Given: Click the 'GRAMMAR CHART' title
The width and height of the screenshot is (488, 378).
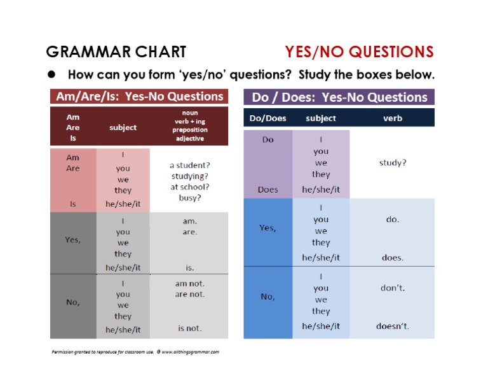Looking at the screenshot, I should point(116,52).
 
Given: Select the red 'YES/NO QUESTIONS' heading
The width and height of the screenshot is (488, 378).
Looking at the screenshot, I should point(359,52).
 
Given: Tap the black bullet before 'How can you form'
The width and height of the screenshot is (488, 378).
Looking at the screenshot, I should point(53,74).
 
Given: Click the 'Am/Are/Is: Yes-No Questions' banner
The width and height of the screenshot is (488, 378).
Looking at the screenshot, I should point(139,97).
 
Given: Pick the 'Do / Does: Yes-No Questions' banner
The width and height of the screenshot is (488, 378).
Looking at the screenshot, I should point(339,97).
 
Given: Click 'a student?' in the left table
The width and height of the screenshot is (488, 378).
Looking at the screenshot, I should point(190,164).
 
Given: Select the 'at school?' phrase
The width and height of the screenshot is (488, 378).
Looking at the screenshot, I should point(190,186).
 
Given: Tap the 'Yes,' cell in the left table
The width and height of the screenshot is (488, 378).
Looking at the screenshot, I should point(73,240).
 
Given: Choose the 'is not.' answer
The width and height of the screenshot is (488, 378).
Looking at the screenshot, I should point(189,328).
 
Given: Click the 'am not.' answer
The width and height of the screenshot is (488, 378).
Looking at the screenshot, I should point(189,283).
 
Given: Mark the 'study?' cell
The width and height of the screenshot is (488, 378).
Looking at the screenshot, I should point(393,162).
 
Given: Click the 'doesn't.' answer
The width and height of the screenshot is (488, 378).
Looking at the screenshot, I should point(393,326).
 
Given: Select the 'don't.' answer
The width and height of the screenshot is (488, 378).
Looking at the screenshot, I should point(393,288).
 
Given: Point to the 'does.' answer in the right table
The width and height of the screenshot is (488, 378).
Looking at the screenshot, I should point(393,258).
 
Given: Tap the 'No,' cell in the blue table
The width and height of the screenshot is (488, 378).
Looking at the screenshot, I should point(268,296).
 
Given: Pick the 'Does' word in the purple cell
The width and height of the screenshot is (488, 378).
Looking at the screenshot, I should point(268,189).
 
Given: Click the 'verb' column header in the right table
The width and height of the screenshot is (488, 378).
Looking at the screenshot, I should point(393,118).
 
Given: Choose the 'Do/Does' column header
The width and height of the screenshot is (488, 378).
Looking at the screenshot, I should point(268,118).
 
